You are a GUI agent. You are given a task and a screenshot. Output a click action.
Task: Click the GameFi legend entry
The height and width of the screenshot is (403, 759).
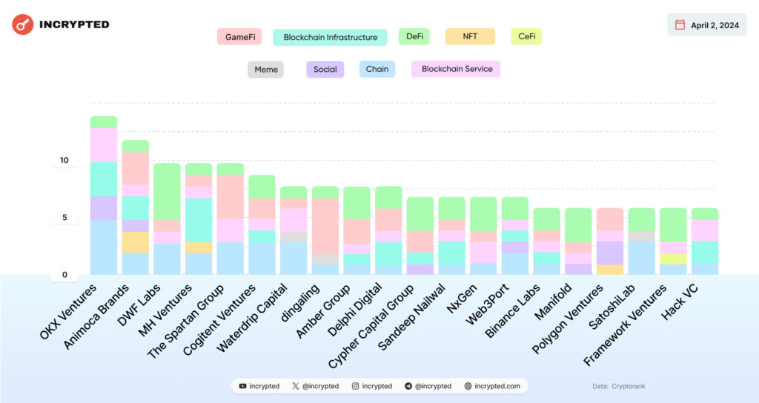[239, 36]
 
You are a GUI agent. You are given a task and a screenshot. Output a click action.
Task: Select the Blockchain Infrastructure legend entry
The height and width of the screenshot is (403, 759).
[330, 37]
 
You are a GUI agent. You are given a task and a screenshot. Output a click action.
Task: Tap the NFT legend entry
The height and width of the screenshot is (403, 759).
[469, 36]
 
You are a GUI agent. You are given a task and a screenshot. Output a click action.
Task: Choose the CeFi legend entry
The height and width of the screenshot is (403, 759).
[526, 36]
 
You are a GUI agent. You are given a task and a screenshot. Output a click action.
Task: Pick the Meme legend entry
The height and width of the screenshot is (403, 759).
[265, 70]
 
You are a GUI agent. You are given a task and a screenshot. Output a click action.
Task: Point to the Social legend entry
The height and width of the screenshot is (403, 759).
[325, 70]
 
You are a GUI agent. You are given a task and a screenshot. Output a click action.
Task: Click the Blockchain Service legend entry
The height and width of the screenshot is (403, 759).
[456, 69]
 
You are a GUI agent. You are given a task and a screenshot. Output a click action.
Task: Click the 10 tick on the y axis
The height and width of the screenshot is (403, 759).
[64, 161]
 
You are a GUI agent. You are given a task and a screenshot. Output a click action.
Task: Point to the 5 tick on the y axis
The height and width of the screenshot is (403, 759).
[64, 218]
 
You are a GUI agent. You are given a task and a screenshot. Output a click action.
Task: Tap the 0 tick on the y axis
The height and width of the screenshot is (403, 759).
[64, 275]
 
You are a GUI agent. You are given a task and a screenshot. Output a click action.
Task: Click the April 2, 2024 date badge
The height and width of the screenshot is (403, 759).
[706, 25]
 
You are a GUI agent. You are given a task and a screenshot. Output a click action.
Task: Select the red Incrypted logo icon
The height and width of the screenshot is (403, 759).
[23, 24]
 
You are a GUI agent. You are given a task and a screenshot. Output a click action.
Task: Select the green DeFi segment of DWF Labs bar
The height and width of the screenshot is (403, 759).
[167, 191]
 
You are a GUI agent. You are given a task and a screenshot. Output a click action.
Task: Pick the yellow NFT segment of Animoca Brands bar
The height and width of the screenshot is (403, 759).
[135, 242]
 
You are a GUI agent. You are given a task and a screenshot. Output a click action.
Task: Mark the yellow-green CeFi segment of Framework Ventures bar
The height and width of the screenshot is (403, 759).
[672, 259]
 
